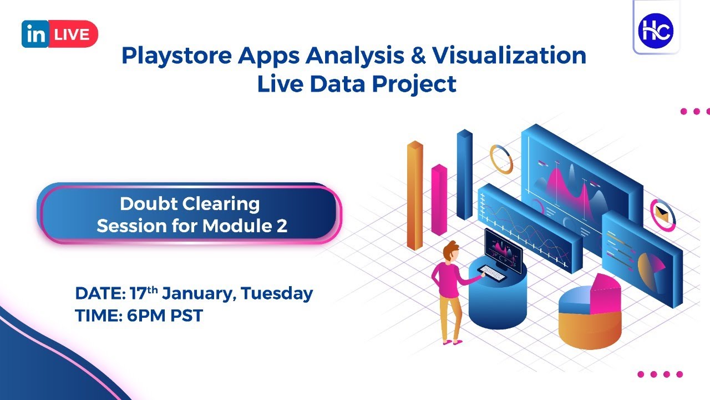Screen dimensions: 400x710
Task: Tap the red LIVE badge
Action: (73, 34)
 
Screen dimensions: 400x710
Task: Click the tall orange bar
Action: (414, 194)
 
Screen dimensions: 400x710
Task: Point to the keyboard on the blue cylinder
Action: (489, 272)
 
